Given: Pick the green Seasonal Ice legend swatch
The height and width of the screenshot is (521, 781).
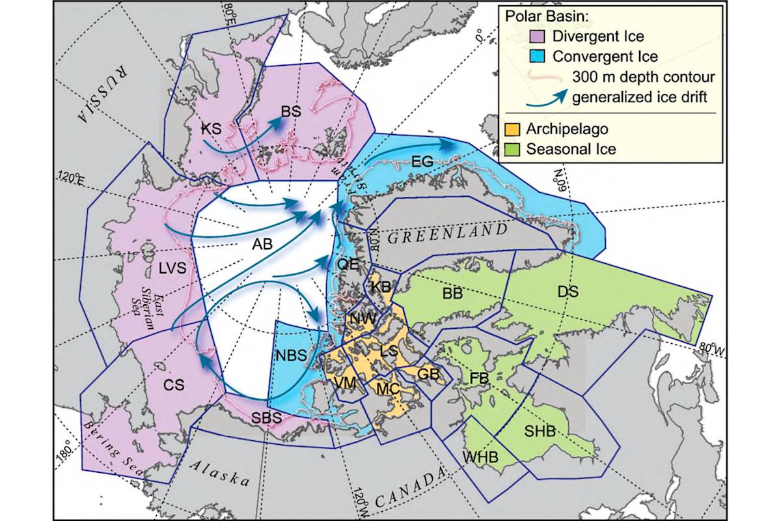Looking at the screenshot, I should tap(512, 149).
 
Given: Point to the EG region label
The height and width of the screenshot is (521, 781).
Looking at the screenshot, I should tap(422, 162).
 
